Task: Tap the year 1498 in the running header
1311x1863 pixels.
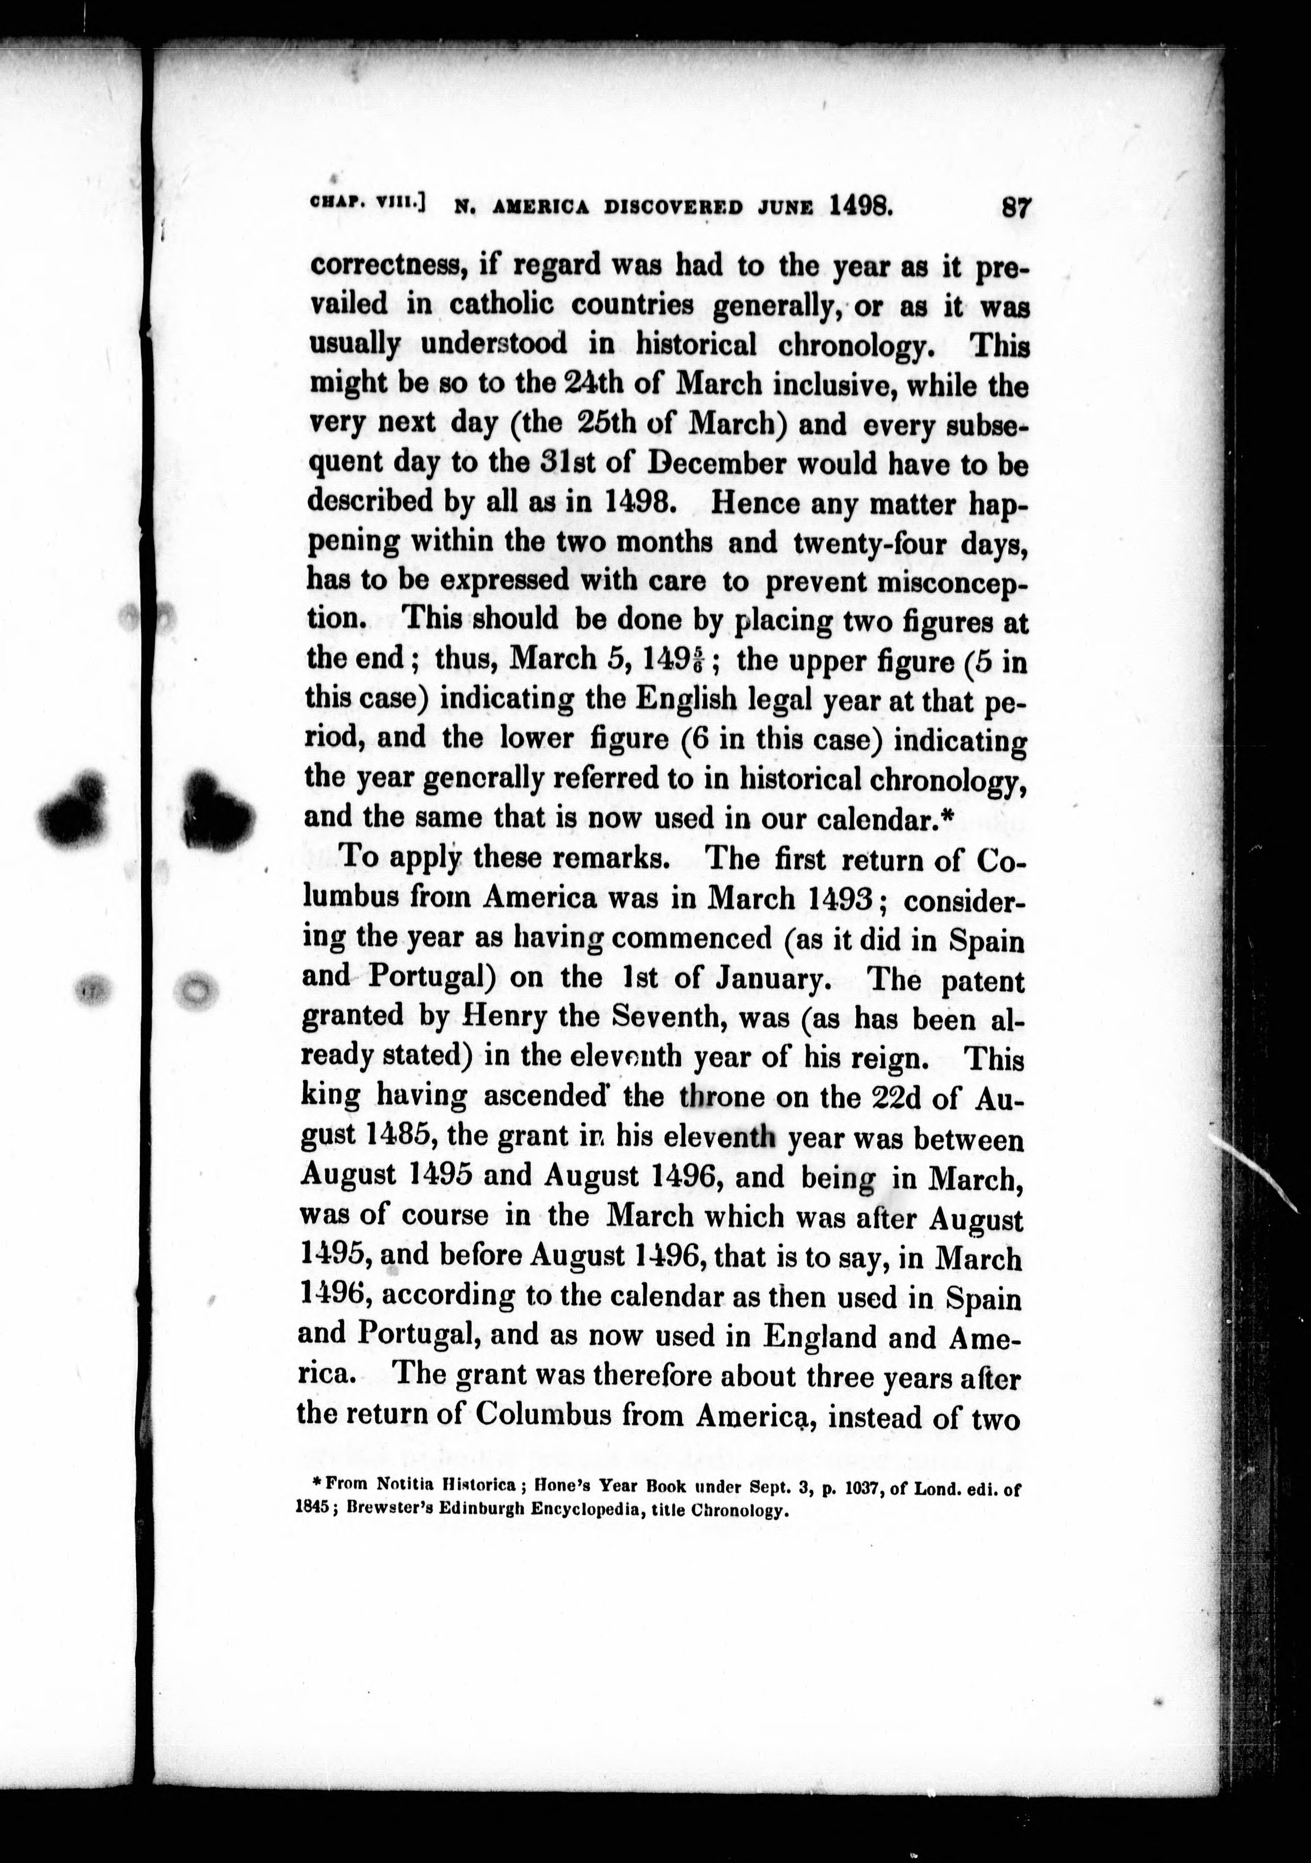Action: tap(861, 206)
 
